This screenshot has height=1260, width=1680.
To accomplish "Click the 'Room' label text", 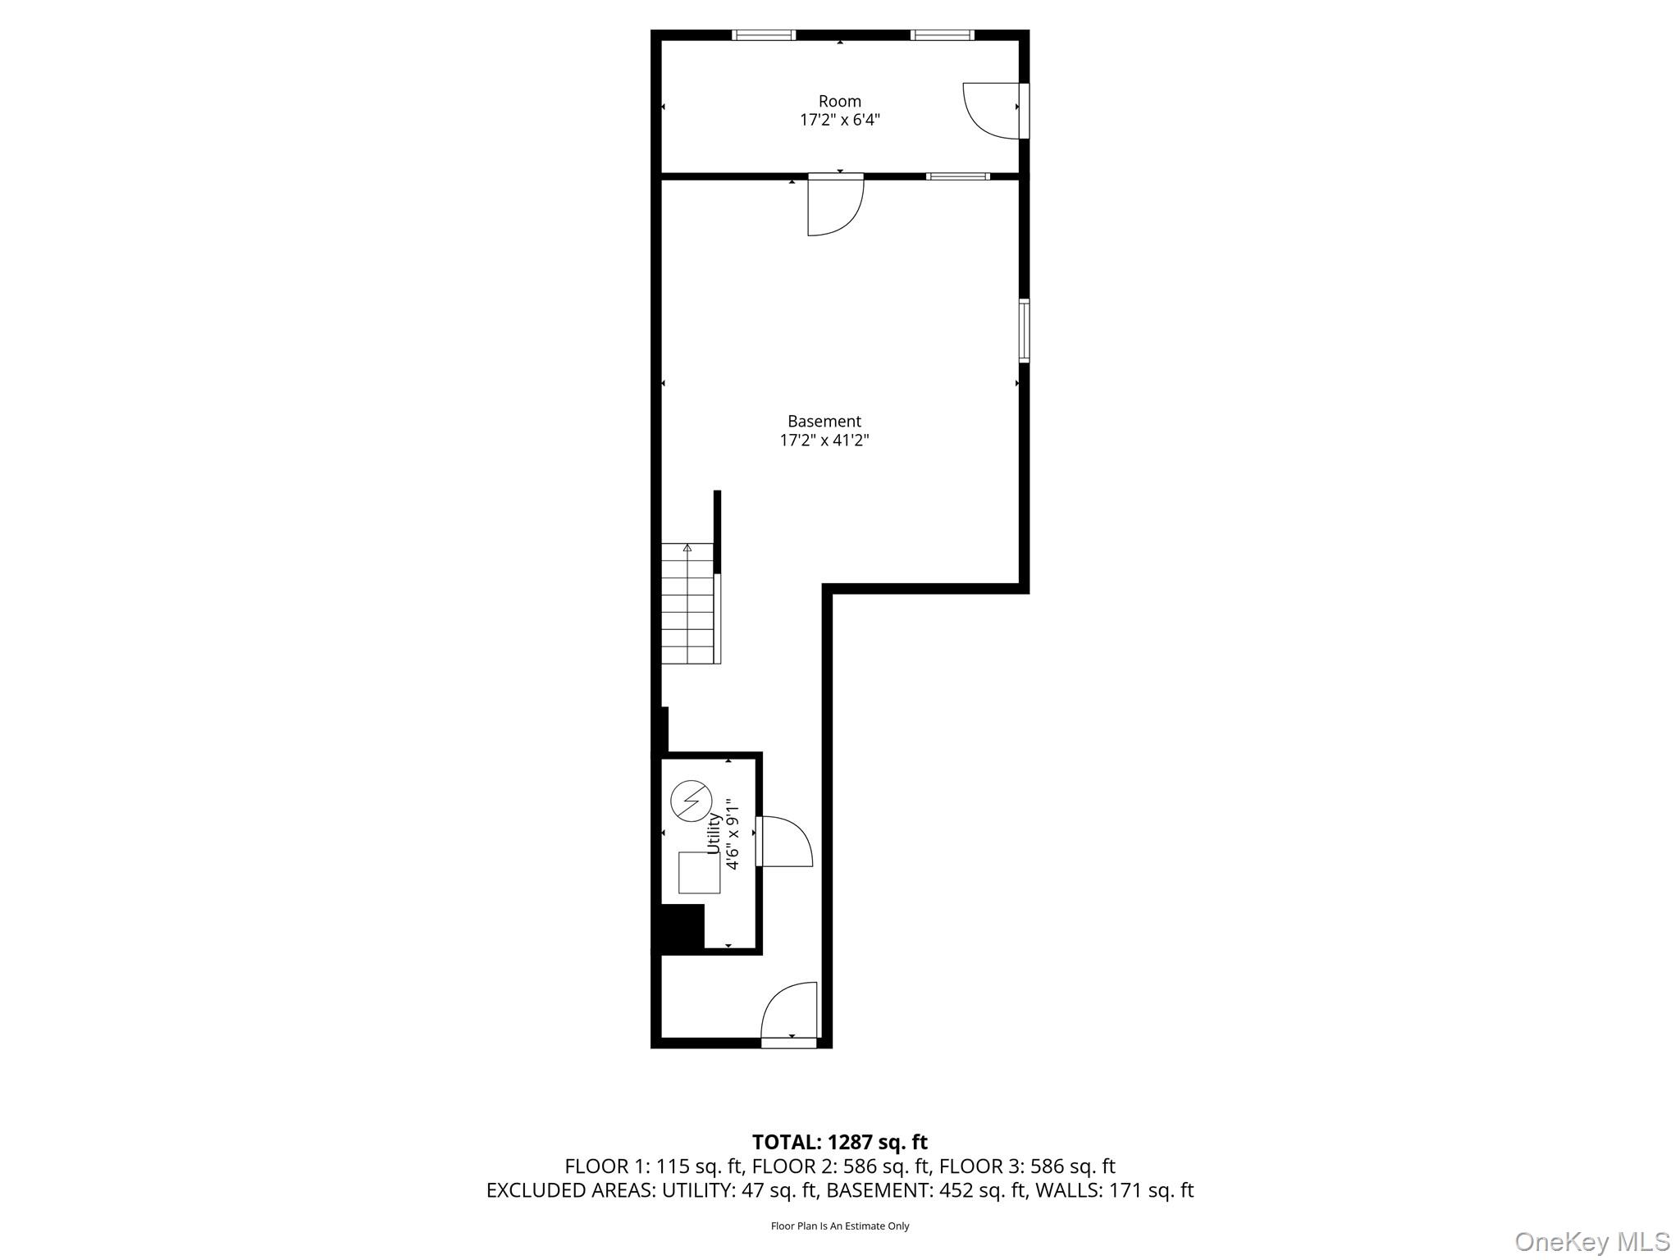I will point(839,101).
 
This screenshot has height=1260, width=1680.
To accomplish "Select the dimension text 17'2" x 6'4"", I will point(839,120).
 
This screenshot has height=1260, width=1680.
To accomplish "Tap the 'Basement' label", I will point(824,421).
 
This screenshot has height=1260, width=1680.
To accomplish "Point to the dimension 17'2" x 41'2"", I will point(824,441).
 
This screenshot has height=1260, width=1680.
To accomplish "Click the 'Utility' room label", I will point(714,833).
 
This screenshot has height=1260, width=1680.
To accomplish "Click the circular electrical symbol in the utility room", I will point(691,801).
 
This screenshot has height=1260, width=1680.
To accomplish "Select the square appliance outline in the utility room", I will point(699,872).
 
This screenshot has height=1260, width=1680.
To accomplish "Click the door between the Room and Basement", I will point(835,205).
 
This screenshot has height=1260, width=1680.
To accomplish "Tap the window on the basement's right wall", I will point(1024,331).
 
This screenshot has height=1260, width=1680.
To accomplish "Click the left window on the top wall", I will point(763,34).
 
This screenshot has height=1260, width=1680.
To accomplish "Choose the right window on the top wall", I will point(942,34).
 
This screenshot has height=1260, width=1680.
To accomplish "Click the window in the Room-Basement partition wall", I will point(957,176).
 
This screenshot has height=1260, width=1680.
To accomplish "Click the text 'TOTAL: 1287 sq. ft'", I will point(839,1142).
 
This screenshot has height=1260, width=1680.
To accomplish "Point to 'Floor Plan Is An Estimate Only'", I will point(839,1226).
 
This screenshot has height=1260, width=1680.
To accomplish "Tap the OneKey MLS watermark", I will point(1591,1241).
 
